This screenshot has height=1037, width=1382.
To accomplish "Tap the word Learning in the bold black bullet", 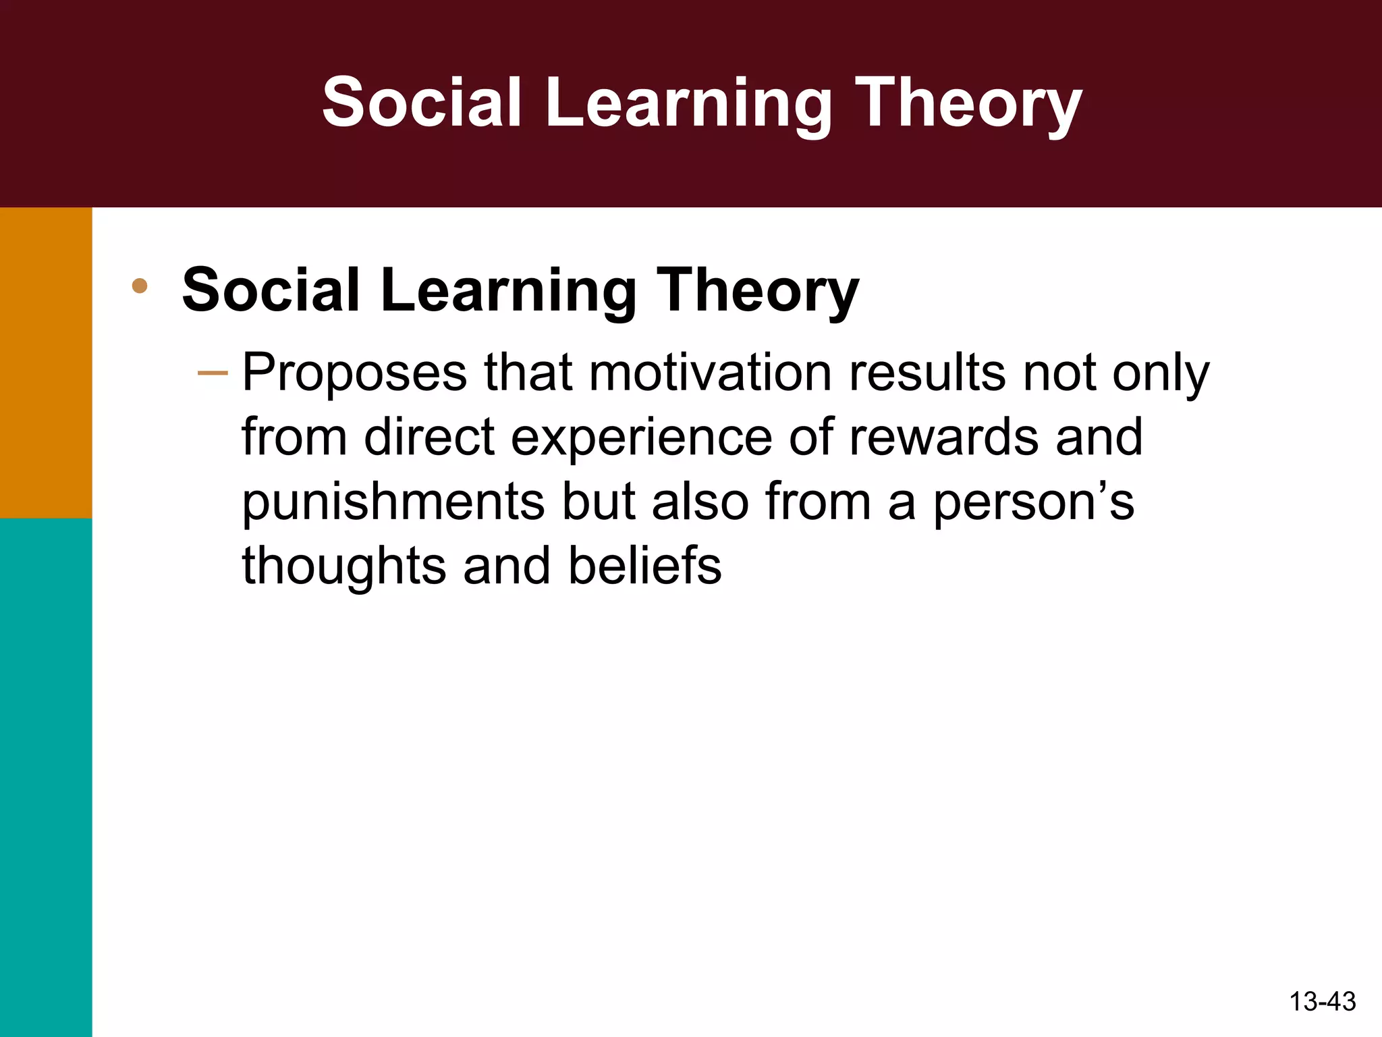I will tap(508, 290).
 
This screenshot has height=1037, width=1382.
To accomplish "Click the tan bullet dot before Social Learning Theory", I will tap(140, 286).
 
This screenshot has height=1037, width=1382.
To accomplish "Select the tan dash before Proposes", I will tap(213, 373).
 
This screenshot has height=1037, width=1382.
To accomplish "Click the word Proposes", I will tap(354, 373).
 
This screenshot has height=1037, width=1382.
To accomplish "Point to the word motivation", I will tap(710, 373).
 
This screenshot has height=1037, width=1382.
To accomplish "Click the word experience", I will tap(641, 437).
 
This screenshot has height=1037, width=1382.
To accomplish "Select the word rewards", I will tap(943, 437).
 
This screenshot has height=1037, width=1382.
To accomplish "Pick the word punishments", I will tap(393, 502).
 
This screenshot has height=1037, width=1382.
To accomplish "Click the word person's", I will tap(1033, 502).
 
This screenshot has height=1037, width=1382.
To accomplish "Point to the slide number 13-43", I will tap(1322, 1001).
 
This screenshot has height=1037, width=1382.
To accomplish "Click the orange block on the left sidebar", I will tap(46, 363).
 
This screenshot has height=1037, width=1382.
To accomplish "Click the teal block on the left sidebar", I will tap(46, 776).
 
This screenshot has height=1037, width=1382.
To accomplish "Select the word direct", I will tap(430, 437).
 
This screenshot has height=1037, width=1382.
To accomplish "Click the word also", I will tap(700, 502).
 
